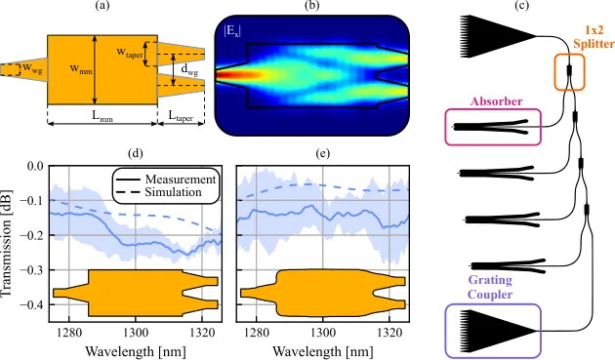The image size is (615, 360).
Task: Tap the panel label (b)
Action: (311, 6)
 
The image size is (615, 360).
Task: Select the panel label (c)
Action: (521, 6)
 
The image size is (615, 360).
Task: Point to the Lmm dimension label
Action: (102, 116)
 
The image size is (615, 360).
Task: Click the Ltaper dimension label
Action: (181, 116)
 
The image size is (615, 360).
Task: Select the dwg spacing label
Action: (189, 70)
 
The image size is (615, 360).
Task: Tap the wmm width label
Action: (81, 69)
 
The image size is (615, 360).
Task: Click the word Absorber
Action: (496, 101)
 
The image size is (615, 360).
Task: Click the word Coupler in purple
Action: (490, 295)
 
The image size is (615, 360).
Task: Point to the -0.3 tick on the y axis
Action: (35, 270)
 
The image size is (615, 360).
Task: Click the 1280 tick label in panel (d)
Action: (69, 333)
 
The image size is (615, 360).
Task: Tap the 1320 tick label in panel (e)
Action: (389, 333)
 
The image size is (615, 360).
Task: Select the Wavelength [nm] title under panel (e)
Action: (323, 351)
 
